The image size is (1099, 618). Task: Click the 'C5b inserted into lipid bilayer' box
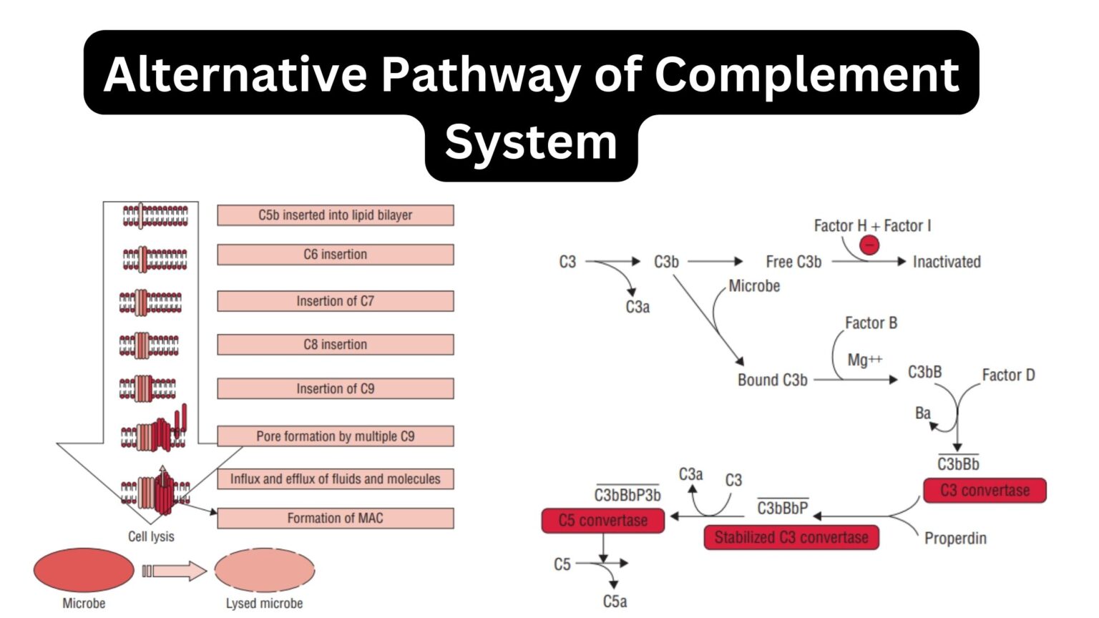(335, 215)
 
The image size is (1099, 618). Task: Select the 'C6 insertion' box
(335, 255)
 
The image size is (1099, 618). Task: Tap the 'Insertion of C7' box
(335, 301)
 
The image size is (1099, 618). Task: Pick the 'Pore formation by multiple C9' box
(335, 436)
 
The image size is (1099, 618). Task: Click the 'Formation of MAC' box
(335, 519)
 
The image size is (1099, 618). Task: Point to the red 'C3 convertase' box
(985, 491)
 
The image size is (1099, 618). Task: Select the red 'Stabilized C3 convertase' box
(791, 537)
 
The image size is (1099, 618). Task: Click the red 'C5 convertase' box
(602, 521)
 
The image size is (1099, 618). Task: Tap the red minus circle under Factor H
(869, 245)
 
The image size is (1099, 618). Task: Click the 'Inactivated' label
(946, 262)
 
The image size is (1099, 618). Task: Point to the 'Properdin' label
(954, 538)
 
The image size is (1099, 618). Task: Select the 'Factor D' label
(1007, 375)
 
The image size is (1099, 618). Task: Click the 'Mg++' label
(864, 360)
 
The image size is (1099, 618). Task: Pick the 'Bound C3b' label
(772, 380)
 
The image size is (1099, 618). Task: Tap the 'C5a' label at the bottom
(615, 602)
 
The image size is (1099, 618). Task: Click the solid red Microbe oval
(84, 570)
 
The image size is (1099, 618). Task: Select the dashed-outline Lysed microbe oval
(264, 570)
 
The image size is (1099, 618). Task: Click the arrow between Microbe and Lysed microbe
(175, 571)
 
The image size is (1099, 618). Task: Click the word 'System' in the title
(531, 142)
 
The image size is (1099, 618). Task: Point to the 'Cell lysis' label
(151, 536)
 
